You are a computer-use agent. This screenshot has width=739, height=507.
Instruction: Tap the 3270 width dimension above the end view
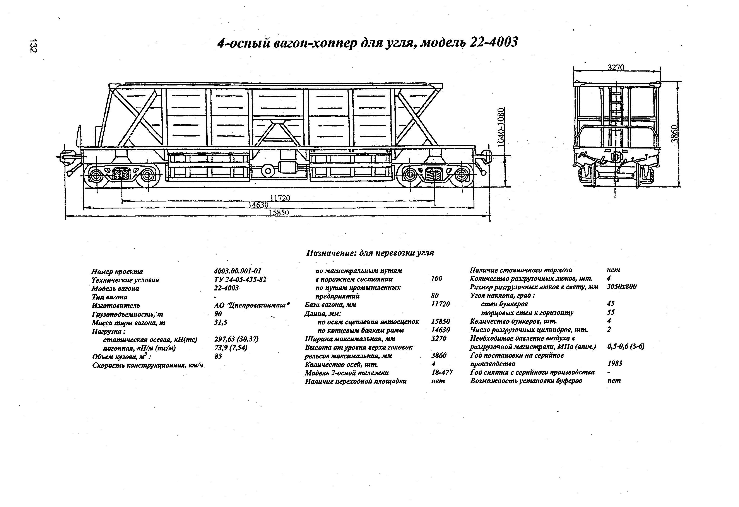(x=616, y=68)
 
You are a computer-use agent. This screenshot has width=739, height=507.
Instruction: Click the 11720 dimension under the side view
(x=280, y=198)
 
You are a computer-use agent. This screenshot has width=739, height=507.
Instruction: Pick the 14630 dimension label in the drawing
(x=258, y=205)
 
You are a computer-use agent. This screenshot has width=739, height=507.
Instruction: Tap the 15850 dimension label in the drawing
(x=279, y=212)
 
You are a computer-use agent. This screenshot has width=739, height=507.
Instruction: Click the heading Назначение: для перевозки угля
(x=370, y=253)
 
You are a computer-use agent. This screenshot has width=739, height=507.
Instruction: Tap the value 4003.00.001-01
(x=237, y=271)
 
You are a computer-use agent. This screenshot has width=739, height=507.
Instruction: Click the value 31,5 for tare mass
(x=221, y=322)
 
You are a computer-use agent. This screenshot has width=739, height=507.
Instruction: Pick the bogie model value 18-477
(x=442, y=372)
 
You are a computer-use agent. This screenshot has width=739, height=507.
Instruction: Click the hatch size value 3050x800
(x=622, y=286)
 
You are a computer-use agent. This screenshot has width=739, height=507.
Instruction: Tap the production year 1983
(x=614, y=363)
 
